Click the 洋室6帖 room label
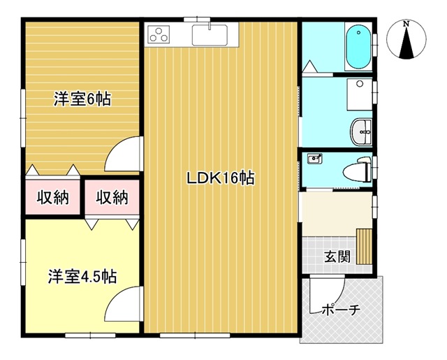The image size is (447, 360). point(82,99)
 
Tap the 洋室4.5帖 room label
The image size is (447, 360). point(82,276)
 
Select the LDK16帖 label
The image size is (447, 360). point(221,178)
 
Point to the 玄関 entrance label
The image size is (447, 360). point(337,257)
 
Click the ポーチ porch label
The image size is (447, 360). point(342,310)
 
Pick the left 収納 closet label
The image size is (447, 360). point(53,197)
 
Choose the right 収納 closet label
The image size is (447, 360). point(112,197)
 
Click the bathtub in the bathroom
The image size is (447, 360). point(358,47)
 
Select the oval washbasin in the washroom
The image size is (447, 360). point(361,132)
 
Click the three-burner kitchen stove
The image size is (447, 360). point(159,34)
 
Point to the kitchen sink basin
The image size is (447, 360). point(210,35)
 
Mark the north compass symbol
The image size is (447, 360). point(406,39)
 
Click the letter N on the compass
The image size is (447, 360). point(406,24)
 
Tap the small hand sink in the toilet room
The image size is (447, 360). point(314,159)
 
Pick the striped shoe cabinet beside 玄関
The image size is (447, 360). point(365,247)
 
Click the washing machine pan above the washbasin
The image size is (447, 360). point(360,94)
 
